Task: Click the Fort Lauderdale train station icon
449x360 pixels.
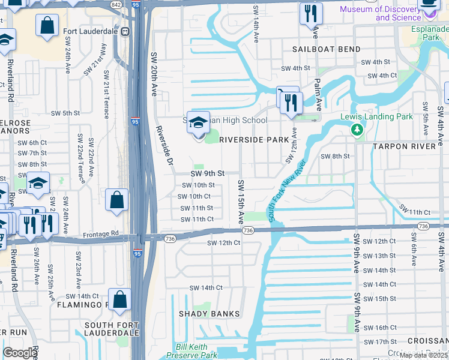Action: pos(125,32)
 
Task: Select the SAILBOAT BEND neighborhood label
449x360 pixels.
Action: pos(327,49)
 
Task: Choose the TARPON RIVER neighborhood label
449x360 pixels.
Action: pos(405,146)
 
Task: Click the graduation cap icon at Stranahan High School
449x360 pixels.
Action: pos(198,122)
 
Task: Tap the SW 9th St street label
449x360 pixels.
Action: pos(207,173)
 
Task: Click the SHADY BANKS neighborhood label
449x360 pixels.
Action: pos(209,314)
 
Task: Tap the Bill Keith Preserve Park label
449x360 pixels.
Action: pos(196,352)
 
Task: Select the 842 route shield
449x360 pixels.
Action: pos(116,5)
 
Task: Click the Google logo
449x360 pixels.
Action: pos(20,353)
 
